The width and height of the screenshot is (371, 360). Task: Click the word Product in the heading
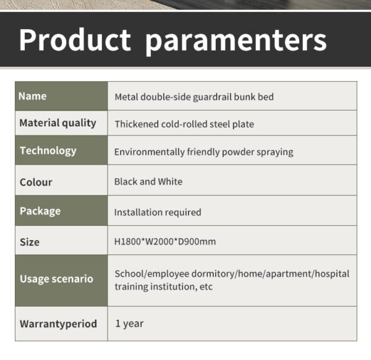pyautogui.click(x=75, y=40)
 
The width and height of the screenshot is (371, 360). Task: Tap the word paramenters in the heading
pyautogui.click(x=236, y=42)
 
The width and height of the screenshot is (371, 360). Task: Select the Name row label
pyautogui.click(x=32, y=96)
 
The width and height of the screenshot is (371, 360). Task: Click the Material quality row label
pyautogui.click(x=58, y=123)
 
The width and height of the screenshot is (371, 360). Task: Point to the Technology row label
pyautogui.click(x=48, y=151)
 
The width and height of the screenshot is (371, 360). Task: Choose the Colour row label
pyautogui.click(x=36, y=182)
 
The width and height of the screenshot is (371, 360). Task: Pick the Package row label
pyautogui.click(x=40, y=212)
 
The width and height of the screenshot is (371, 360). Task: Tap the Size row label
pyautogui.click(x=30, y=242)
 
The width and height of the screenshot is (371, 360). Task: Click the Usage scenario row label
pyautogui.click(x=56, y=279)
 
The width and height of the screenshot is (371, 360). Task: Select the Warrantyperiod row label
pyautogui.click(x=59, y=324)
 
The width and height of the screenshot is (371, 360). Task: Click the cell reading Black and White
pyautogui.click(x=148, y=181)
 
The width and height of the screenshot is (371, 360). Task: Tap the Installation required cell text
pyautogui.click(x=158, y=212)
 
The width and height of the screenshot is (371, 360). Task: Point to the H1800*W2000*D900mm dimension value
pyautogui.click(x=165, y=242)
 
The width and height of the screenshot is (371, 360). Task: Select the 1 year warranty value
pyautogui.click(x=129, y=324)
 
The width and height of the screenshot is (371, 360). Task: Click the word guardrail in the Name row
pyautogui.click(x=213, y=97)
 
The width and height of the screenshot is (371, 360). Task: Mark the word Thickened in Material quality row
pyautogui.click(x=137, y=124)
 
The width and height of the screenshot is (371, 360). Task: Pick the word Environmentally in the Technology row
pyautogui.click(x=149, y=152)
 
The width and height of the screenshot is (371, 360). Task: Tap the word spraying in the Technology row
pyautogui.click(x=275, y=152)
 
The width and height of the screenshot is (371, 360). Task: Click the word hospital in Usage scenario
pyautogui.click(x=332, y=274)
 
